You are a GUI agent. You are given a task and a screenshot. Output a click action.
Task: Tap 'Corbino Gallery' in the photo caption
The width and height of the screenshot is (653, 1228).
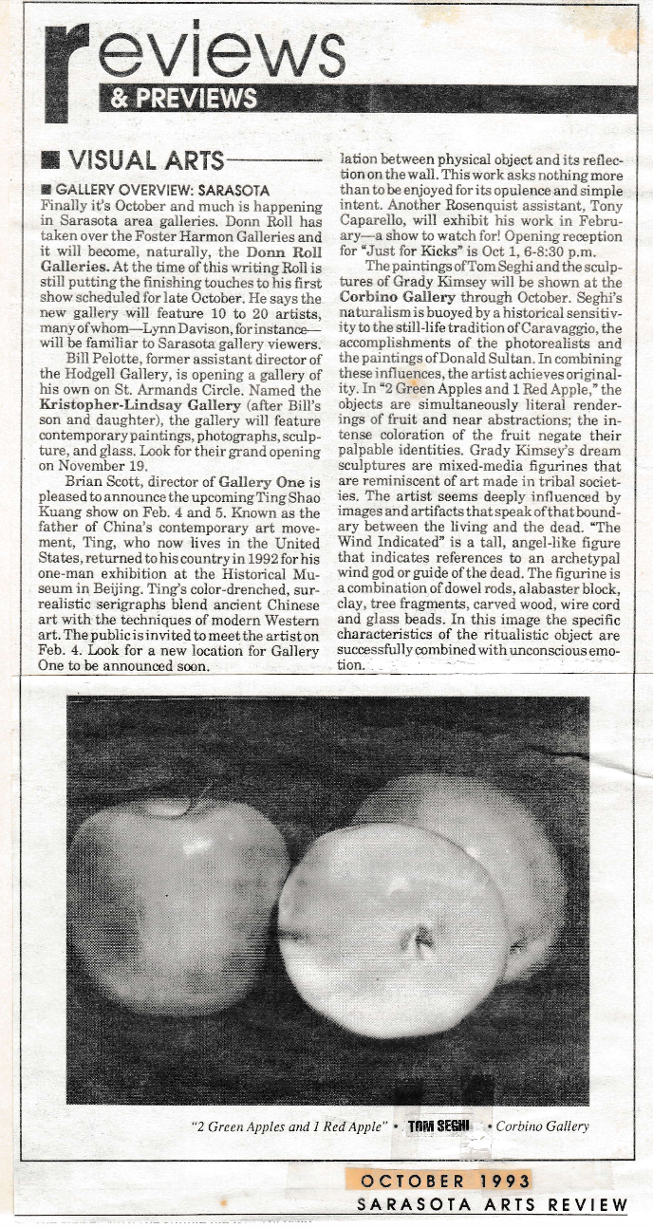click(542, 1126)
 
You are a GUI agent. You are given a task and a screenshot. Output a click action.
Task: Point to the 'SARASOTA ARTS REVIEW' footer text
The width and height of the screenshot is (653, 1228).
click(492, 1205)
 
